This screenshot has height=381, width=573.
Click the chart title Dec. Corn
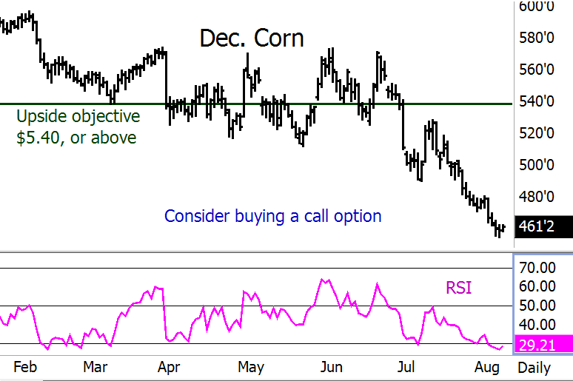click(252, 38)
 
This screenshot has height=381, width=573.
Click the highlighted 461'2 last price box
click(543, 226)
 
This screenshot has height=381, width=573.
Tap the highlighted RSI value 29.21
click(543, 345)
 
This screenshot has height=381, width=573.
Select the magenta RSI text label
click(460, 286)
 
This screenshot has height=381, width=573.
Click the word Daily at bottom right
click(538, 367)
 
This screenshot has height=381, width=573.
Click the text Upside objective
click(78, 116)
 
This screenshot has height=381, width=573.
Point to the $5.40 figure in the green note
click(38, 138)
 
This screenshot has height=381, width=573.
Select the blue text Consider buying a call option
click(273, 216)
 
